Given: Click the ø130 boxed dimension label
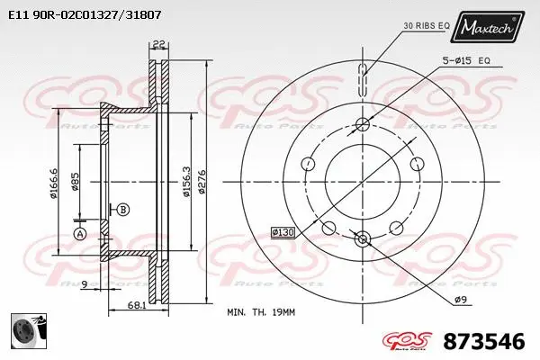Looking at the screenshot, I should (283, 233).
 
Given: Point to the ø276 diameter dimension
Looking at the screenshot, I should (202, 185).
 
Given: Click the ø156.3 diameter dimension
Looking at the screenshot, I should (185, 185).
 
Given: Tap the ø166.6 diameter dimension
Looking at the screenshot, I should (56, 185).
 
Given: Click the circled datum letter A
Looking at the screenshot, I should (78, 234).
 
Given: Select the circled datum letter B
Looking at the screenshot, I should (123, 210).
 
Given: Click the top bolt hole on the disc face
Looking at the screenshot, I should (362, 124).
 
